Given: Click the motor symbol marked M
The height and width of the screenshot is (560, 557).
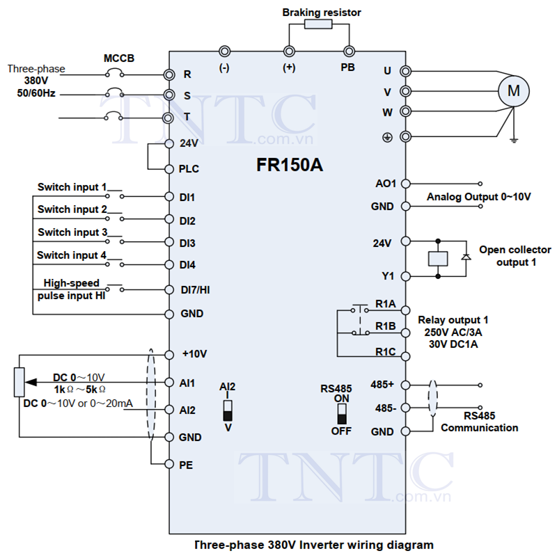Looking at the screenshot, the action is (x=514, y=91).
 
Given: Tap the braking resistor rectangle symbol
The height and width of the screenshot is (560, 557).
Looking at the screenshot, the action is (x=318, y=24).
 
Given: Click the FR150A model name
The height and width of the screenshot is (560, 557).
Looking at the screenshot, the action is (x=290, y=165).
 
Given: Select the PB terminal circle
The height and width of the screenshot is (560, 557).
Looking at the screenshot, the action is (x=349, y=51).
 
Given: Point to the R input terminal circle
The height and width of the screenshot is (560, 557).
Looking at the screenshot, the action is (x=169, y=74).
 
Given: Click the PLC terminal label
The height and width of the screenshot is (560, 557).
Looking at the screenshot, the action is (x=189, y=169).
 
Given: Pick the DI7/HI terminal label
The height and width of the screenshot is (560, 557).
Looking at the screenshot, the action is (x=195, y=289).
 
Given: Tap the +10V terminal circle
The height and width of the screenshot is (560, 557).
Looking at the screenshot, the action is (x=169, y=355).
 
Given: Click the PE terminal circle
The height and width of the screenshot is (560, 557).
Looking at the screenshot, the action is (x=169, y=464).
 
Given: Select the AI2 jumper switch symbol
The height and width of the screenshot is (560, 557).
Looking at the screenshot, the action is (x=228, y=410).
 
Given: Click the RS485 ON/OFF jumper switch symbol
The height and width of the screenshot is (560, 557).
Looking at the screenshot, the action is (x=342, y=415).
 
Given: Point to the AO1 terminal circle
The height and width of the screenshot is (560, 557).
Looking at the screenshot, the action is (x=405, y=184).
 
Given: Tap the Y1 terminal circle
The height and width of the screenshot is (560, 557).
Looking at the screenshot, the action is (x=405, y=276).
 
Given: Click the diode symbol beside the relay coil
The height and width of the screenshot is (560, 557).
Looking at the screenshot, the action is (x=466, y=257).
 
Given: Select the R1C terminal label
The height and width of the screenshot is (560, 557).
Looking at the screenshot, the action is (x=386, y=352).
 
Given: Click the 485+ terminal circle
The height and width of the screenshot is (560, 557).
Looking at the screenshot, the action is (x=405, y=385).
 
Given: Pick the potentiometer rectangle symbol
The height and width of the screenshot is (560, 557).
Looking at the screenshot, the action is (x=19, y=382).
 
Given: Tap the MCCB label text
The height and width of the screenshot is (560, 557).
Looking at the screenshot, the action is (x=119, y=58).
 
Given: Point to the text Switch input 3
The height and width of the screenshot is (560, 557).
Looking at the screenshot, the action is (x=72, y=232).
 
